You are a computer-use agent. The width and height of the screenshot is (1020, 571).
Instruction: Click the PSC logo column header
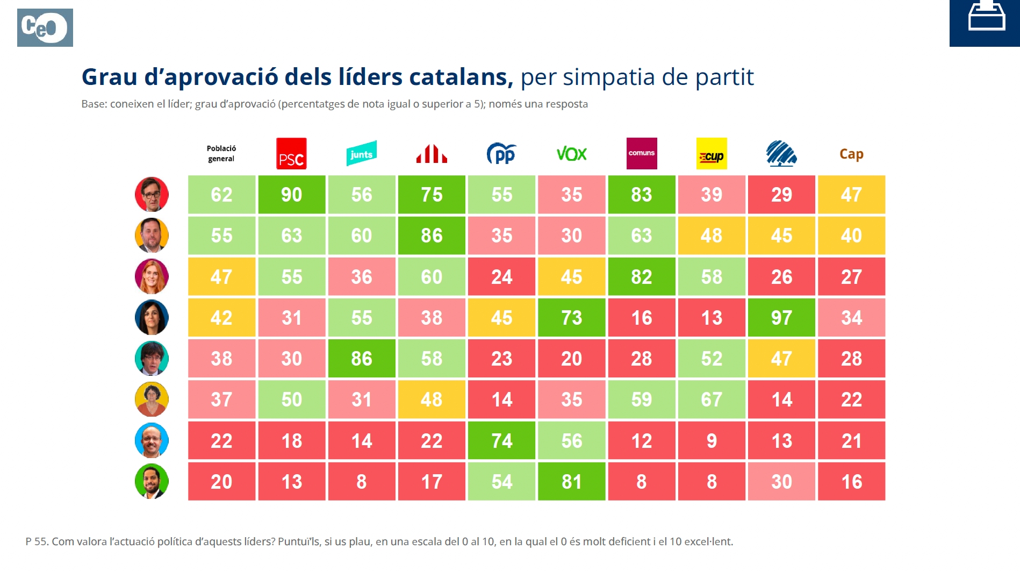(x=291, y=154)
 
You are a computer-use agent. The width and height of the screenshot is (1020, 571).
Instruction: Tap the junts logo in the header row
(x=361, y=154)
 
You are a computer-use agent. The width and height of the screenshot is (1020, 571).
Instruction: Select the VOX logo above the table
(x=571, y=154)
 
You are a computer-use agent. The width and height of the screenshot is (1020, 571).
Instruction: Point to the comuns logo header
(x=642, y=153)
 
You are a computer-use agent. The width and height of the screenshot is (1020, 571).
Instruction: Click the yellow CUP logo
(x=712, y=154)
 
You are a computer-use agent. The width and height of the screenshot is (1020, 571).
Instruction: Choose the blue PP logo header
(x=501, y=154)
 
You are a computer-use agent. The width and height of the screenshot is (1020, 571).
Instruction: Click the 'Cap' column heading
(x=851, y=154)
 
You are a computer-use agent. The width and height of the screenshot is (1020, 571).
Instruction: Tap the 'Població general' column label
(x=221, y=154)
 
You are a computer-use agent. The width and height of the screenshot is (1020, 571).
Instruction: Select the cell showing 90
(x=291, y=195)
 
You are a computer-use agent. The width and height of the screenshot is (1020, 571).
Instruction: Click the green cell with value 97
(x=781, y=318)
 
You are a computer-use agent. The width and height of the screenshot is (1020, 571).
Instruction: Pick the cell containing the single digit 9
(x=712, y=441)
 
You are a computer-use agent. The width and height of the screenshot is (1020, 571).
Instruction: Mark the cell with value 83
(x=642, y=195)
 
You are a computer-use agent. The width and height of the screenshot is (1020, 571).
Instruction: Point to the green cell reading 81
(x=571, y=482)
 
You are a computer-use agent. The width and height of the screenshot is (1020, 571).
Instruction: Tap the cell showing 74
(x=501, y=441)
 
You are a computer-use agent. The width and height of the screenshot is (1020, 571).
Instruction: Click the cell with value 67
(x=712, y=399)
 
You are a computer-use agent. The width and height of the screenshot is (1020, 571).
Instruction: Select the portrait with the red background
(x=152, y=195)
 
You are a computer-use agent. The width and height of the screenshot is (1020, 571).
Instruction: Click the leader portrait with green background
(x=152, y=481)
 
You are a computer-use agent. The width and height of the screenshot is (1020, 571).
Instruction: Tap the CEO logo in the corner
(x=45, y=27)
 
